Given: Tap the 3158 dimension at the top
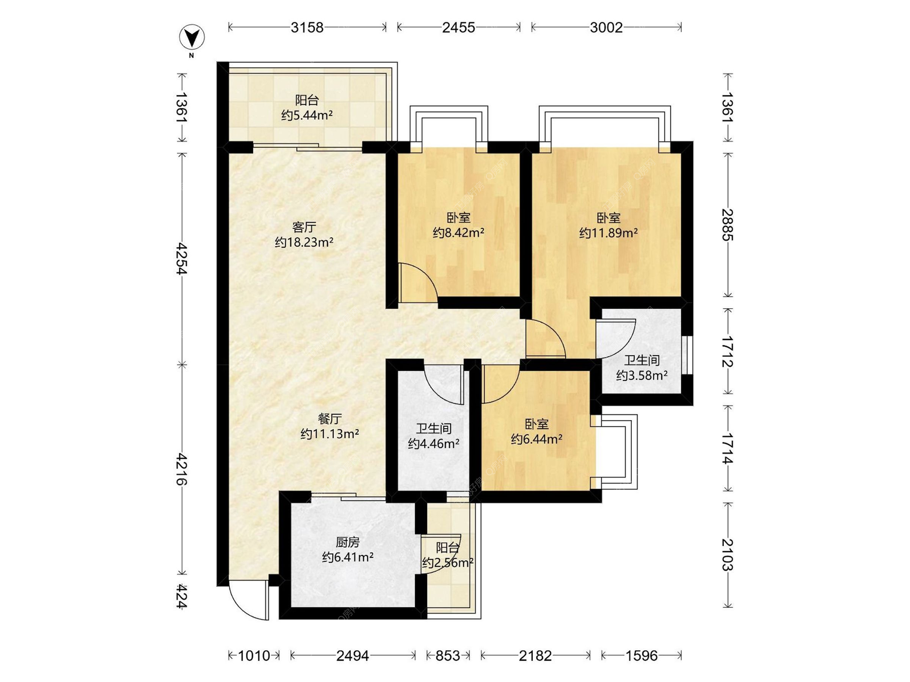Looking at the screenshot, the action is tap(307, 27).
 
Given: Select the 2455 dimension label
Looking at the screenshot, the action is tap(458, 27).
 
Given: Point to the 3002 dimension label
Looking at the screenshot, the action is tap(606, 27).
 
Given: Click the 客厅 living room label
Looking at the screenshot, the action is tap(304, 227).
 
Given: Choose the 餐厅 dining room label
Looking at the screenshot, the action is tap(330, 419).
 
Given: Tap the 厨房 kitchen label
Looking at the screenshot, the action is tap(348, 542).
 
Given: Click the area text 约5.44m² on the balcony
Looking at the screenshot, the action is tap(307, 115).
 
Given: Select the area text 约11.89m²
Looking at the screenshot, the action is tap(609, 233).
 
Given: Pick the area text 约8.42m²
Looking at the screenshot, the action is tap(458, 233).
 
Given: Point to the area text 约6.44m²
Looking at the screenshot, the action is tap(537, 439).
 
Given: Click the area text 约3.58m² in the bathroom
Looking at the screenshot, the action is tap(642, 376).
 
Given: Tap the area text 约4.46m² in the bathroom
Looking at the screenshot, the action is tap(434, 444).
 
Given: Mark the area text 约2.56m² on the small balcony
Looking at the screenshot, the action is tap(448, 563).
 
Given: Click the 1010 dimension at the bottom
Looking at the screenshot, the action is tap(254, 655).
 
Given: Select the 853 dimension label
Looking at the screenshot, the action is tap(448, 655).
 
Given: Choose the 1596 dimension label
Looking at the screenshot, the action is tap(642, 655).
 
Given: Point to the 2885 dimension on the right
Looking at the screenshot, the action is tap(728, 225).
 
